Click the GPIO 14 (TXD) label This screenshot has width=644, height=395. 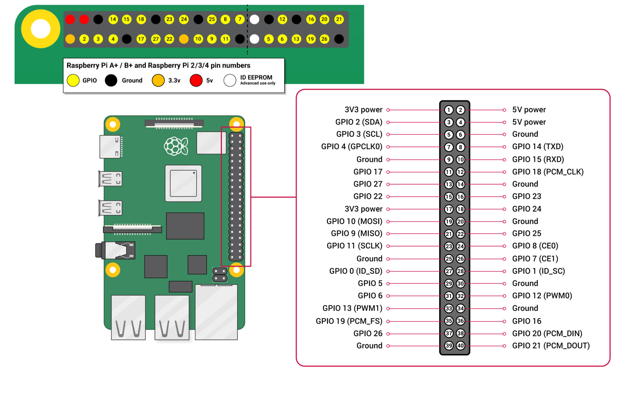[537, 147]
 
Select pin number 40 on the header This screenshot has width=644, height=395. [460, 346]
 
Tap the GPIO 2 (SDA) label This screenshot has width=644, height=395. [358, 122]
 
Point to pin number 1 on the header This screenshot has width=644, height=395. [449, 110]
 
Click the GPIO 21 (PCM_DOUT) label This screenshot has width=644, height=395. [551, 346]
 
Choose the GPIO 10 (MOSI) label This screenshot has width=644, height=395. [354, 221]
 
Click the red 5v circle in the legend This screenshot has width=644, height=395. [196, 80]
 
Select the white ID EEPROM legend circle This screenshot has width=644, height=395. [230, 80]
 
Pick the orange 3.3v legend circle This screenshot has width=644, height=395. [158, 80]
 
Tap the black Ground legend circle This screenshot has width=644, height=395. [111, 80]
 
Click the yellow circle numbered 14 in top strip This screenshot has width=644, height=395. [113, 19]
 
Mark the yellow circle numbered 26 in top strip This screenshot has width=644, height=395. [325, 39]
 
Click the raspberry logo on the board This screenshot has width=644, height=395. [176, 146]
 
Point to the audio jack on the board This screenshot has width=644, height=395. [115, 250]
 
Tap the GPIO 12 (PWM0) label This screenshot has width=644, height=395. [542, 296]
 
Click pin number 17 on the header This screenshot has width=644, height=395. [449, 209]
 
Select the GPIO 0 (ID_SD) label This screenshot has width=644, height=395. [355, 271]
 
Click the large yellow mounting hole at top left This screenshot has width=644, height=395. [41, 29]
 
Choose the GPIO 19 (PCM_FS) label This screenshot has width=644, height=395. [349, 321]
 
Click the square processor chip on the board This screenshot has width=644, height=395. [183, 183]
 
